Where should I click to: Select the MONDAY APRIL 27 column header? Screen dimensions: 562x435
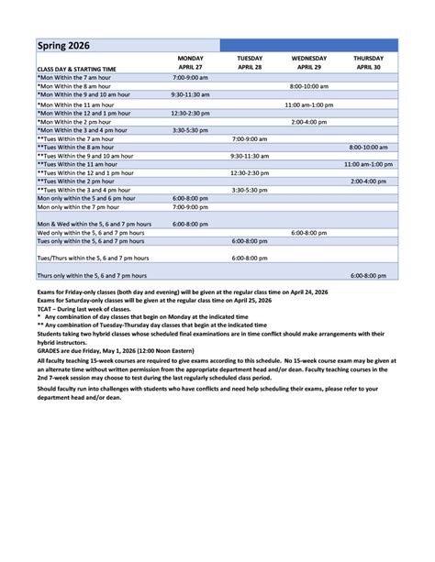pos(190,62)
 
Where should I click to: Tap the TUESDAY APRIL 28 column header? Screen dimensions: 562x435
pos(249,62)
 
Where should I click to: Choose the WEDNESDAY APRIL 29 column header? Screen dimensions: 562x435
pos(309,62)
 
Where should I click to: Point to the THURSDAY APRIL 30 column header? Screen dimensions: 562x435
pos(368,62)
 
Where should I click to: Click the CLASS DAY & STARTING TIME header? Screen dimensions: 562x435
pos(76,68)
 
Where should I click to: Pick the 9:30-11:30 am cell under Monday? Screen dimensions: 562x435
pos(190,94)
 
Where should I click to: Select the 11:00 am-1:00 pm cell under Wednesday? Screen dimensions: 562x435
pos(309,105)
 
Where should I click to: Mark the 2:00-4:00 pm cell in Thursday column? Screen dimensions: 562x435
pos(368,181)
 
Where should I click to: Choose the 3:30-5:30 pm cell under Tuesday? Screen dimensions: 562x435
pos(249,190)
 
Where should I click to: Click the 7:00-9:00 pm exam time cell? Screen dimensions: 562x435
pos(190,206)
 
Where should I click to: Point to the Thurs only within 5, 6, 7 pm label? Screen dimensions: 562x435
pos(91,275)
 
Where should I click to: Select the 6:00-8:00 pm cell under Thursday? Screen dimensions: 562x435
pos(368,275)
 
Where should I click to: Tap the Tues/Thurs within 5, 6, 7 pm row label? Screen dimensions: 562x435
pos(93,259)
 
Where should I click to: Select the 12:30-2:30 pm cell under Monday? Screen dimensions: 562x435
pos(190,113)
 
